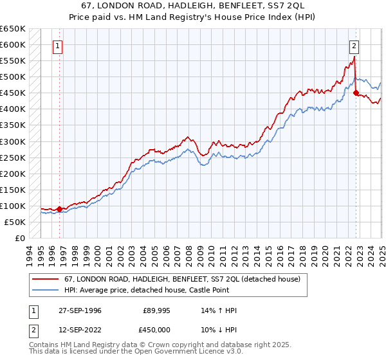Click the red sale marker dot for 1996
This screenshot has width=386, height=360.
coord(59,209)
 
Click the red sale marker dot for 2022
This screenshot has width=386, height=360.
coord(356,93)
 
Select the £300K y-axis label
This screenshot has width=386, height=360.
coord(13,141)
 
